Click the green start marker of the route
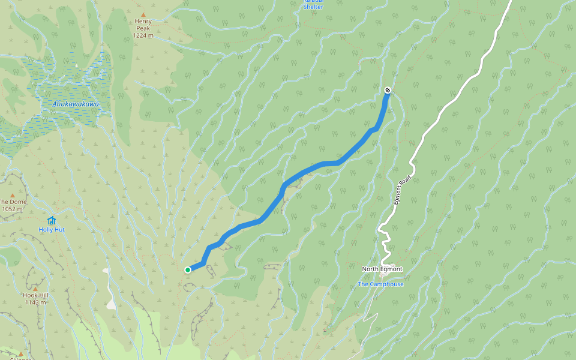coord(188,270)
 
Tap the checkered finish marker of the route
coord(388,90)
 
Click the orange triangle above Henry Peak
coord(143,14)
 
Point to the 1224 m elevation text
coord(143,35)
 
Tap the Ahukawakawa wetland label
coord(75,104)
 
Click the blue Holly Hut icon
coord(52,220)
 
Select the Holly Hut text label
coord(52,230)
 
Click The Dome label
coord(12,202)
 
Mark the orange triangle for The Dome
coord(12,195)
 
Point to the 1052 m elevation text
coord(12,209)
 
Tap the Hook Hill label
coord(35,295)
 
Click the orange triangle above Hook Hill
coord(35,289)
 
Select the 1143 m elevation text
coord(35,302)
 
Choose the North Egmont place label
coord(382,269)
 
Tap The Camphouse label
coord(380,284)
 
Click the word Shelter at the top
coord(313,7)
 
